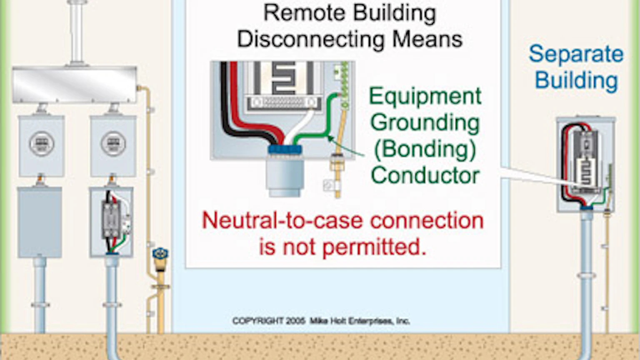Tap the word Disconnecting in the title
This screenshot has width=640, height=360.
pyautogui.click(x=311, y=40)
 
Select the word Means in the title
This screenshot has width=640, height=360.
pyautogui.click(x=427, y=40)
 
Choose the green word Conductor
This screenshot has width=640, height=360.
pyautogui.click(x=425, y=175)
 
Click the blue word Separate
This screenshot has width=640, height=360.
pyautogui.click(x=576, y=54)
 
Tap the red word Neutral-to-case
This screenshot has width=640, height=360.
pyautogui.click(x=281, y=220)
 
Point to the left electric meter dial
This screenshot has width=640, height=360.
pyautogui.click(x=41, y=144)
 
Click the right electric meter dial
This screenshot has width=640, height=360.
pyautogui.click(x=113, y=144)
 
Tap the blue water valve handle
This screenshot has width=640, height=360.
pyautogui.click(x=160, y=254)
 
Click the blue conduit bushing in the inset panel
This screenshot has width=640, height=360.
pyautogui.click(x=285, y=150)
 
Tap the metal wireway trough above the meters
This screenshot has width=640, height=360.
pyautogui.click(x=74, y=85)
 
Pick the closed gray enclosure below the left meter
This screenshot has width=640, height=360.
pyautogui.click(x=40, y=222)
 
